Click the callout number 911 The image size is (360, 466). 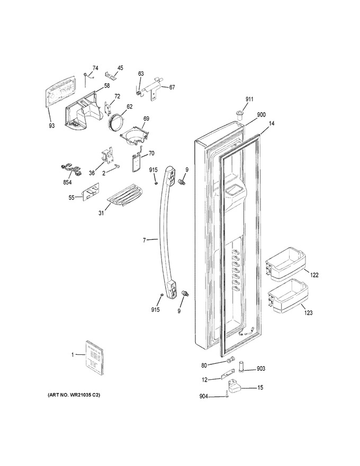(249, 99)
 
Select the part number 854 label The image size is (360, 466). (67, 183)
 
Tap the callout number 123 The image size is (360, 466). (308, 312)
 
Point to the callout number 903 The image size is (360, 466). (261, 369)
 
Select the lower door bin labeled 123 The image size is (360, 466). (287, 297)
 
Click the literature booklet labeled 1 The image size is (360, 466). (95, 357)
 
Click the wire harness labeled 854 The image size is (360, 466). (70, 171)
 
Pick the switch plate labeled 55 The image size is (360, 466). (91, 194)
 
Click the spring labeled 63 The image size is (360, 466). (138, 91)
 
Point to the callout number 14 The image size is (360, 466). (271, 122)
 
